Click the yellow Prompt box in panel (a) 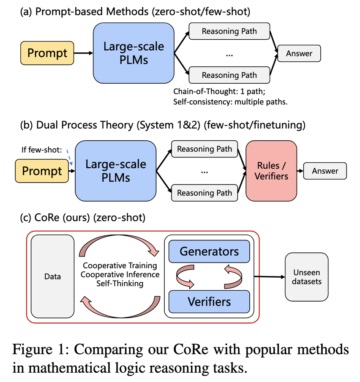tap(47, 54)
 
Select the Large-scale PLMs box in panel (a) tap(134, 53)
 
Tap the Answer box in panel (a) tap(299, 54)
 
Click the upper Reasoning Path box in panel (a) tap(229, 31)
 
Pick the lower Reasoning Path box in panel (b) tap(205, 193)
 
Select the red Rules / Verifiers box tap(272, 171)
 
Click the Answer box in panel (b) tap(325, 171)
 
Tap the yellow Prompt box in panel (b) tap(42, 171)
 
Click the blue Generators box tap(209, 252)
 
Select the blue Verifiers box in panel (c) tap(209, 302)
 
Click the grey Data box tap(52, 276)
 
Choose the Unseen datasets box tap(306, 276)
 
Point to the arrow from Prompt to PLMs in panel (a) tap(83, 54)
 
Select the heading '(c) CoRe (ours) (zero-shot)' tap(82, 218)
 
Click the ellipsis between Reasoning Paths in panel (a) tap(229, 54)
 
